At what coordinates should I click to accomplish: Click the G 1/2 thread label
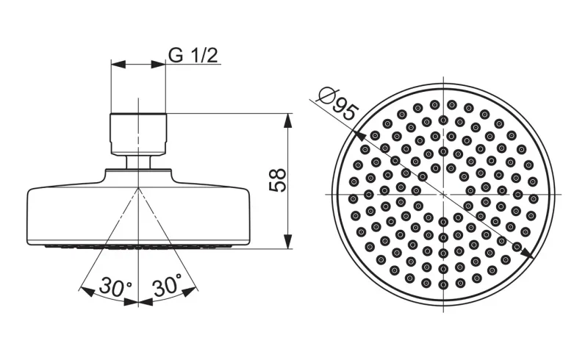point(193,56)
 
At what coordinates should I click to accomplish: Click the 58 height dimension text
point(278,181)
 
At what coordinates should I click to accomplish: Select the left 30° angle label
point(115,287)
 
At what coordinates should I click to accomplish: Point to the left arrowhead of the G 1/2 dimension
point(118,64)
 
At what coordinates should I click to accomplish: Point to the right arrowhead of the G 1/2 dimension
point(158,64)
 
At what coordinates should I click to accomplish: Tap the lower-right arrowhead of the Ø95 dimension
point(528,253)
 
